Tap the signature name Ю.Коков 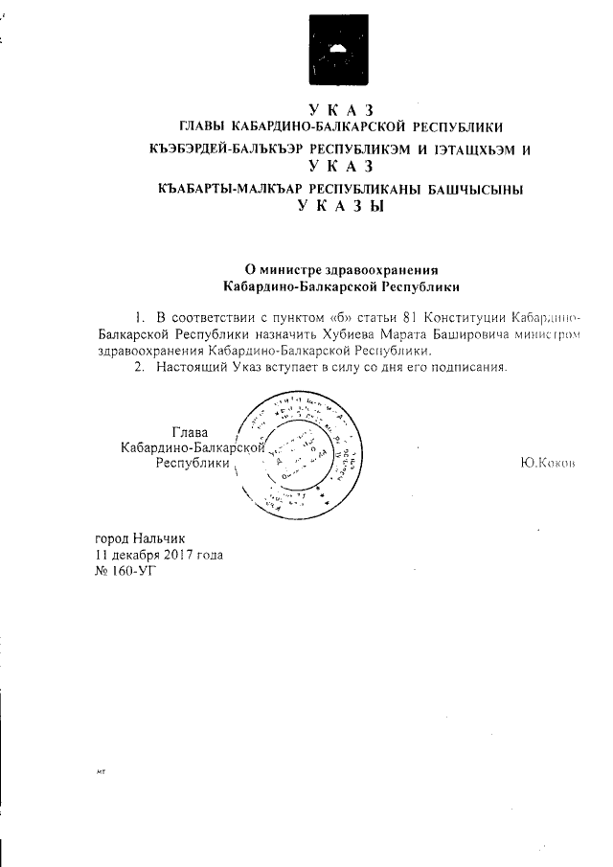point(547,464)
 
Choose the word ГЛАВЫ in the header point(207,126)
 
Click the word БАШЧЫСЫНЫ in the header point(470,190)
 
